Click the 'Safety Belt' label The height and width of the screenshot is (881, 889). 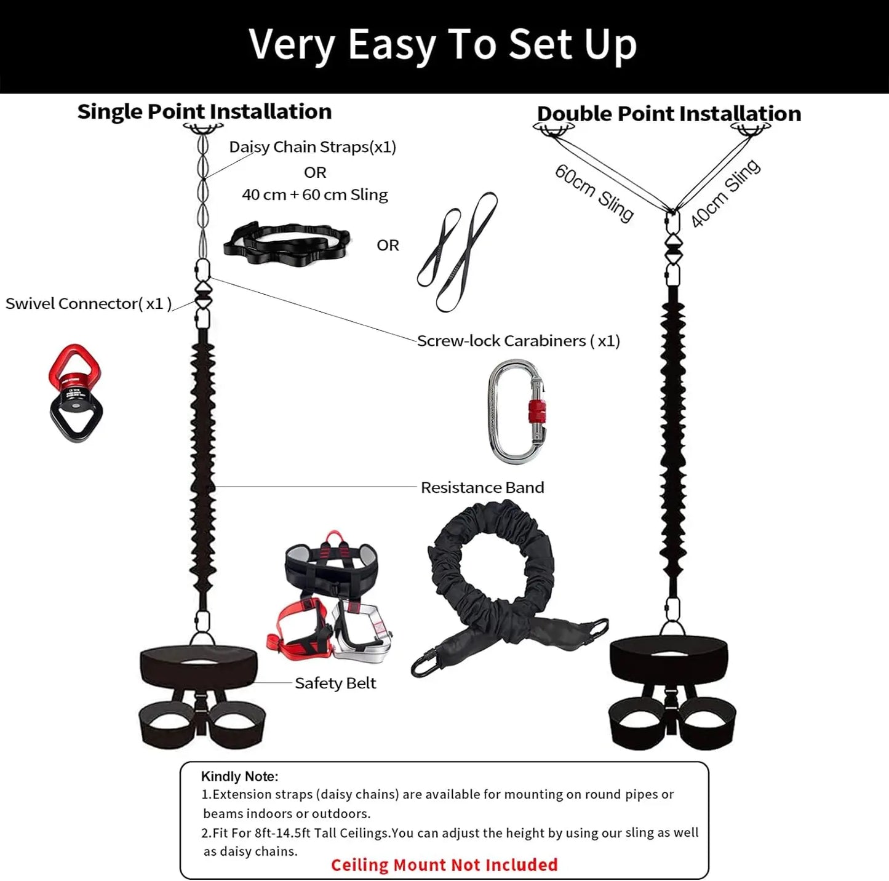pyautogui.click(x=335, y=683)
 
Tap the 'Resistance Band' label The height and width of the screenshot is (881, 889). pyautogui.click(x=482, y=487)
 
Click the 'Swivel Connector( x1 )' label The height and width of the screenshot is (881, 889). pyautogui.click(x=89, y=303)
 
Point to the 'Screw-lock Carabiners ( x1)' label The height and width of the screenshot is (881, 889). pyautogui.click(x=518, y=341)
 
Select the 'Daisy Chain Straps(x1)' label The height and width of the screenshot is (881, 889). pyautogui.click(x=313, y=147)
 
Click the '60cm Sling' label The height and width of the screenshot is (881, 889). pyautogui.click(x=594, y=193)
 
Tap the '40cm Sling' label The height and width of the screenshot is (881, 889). pyautogui.click(x=725, y=193)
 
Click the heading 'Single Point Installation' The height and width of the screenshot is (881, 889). pyautogui.click(x=204, y=111)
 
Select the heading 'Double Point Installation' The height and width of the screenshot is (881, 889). pyautogui.click(x=669, y=114)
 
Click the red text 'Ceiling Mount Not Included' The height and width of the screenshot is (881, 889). pyautogui.click(x=444, y=864)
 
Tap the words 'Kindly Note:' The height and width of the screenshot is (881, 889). pyautogui.click(x=239, y=776)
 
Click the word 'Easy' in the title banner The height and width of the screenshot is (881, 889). pyautogui.click(x=392, y=44)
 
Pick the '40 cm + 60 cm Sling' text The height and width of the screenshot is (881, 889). pyautogui.click(x=314, y=194)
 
